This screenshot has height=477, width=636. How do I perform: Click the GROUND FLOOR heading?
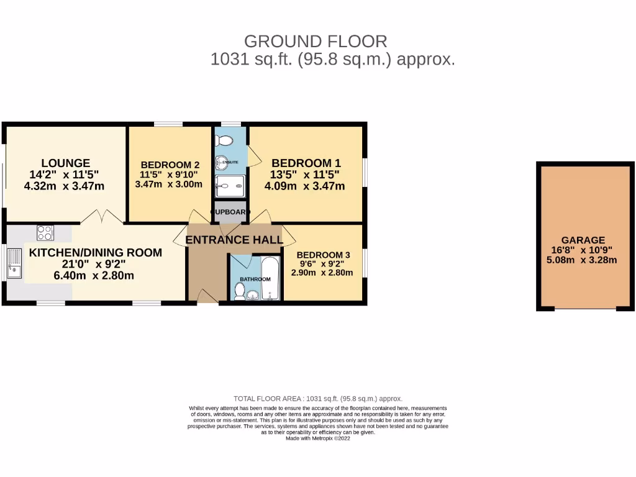[x=316, y=42]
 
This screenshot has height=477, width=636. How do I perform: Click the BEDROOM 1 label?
[x=306, y=163]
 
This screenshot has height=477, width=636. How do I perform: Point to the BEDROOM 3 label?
[x=323, y=255]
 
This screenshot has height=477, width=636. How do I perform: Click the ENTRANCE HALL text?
[x=234, y=240]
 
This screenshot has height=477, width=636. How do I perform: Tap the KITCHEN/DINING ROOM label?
[x=96, y=253]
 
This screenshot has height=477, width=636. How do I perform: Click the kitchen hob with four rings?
[x=45, y=233]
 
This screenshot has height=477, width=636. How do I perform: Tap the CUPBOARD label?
[x=230, y=212]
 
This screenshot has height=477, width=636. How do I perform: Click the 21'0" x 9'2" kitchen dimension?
[x=94, y=264]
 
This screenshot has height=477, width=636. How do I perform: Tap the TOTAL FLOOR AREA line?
[x=317, y=399]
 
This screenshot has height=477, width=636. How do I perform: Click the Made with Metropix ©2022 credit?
[x=317, y=438]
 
